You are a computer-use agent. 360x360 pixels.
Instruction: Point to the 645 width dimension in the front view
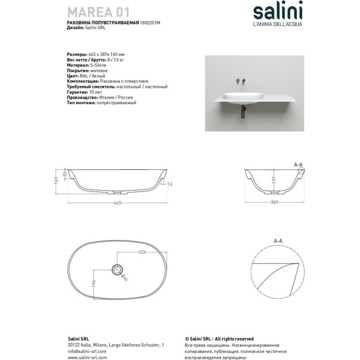pyautogui.click(x=117, y=203)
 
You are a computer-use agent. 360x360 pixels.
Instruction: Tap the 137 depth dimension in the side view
pyautogui.click(x=273, y=180)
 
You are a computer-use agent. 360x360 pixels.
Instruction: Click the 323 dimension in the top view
pyautogui.click(x=142, y=252)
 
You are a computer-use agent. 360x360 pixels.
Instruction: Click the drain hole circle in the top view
pyautogui.click(x=117, y=270)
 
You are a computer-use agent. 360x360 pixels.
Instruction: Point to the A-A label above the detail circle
pyautogui.click(x=277, y=241)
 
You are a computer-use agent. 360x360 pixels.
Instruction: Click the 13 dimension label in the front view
pyautogui.click(x=170, y=183)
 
